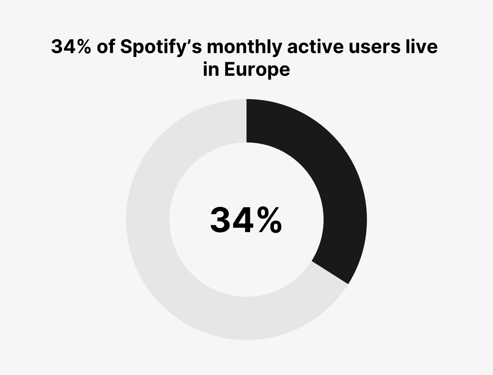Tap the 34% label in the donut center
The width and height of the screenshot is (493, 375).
point(246,221)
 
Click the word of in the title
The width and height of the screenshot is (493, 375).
point(106,47)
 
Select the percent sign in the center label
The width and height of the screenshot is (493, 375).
point(270,221)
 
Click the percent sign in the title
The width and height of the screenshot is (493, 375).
point(82,47)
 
